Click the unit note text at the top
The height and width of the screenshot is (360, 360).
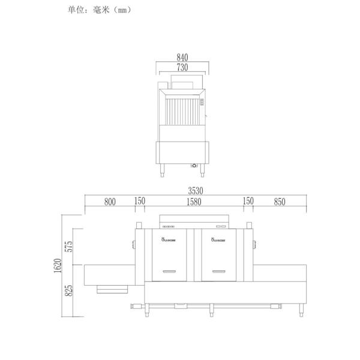[x=100, y=10]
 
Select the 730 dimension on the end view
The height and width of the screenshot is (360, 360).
[x=182, y=67]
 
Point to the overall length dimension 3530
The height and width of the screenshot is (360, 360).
[x=196, y=190]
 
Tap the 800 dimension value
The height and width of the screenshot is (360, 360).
[x=110, y=202]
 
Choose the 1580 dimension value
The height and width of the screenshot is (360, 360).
[x=194, y=202]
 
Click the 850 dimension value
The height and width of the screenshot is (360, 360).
[x=279, y=202]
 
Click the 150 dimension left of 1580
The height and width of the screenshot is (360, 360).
[x=139, y=202]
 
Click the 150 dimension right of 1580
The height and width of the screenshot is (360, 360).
[x=248, y=202]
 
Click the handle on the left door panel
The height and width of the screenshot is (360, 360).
[x=173, y=270]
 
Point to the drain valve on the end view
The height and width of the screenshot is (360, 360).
[x=194, y=165]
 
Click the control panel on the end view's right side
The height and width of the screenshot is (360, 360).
[x=202, y=103]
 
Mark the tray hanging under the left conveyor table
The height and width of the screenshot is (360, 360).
[x=113, y=289]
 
